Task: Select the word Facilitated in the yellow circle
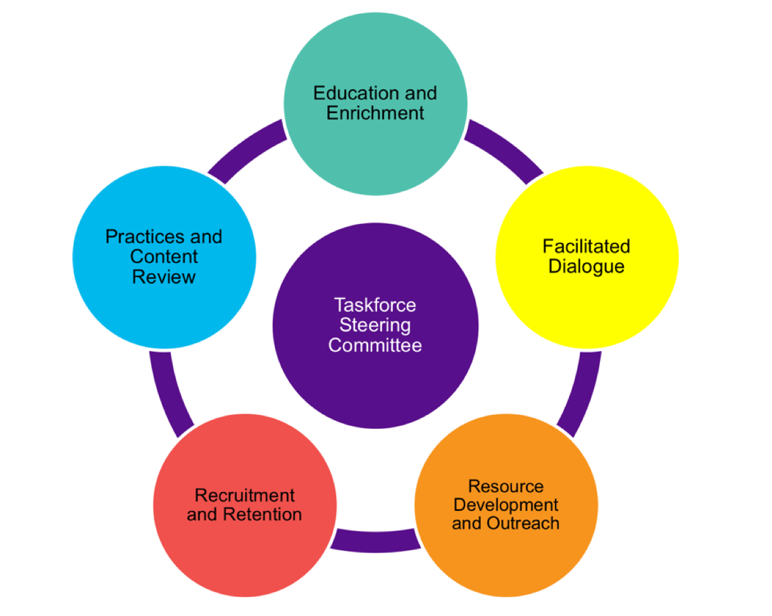[x=586, y=246]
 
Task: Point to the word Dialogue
[x=586, y=266]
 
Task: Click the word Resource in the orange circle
[x=506, y=486]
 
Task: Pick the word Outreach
[x=523, y=524]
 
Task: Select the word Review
[x=164, y=276]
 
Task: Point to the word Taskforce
[x=375, y=305]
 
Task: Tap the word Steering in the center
[x=375, y=326]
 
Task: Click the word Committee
[x=375, y=346]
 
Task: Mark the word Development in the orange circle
[x=506, y=505]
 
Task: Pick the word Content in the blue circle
[x=164, y=257]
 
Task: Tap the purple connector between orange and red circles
[x=375, y=539]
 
